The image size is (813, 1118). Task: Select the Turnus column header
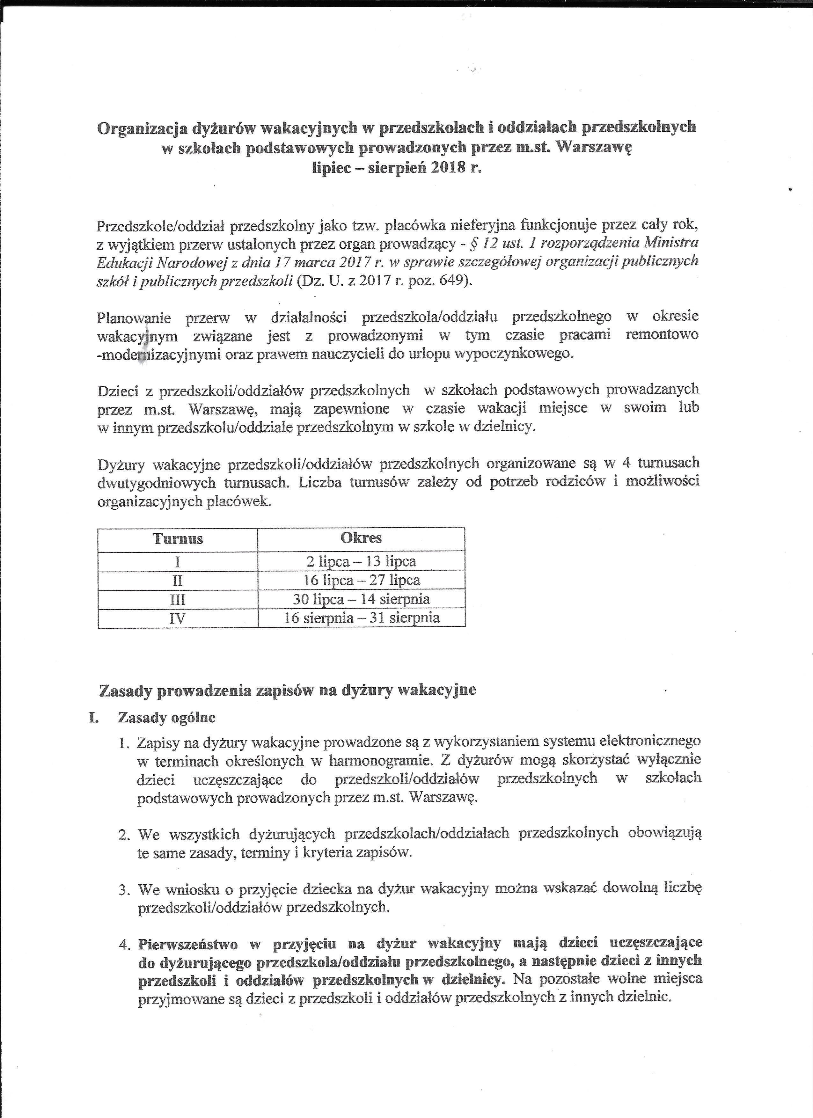coord(178,538)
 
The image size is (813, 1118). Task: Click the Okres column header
coord(361,538)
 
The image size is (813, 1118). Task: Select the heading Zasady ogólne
coord(167,717)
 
